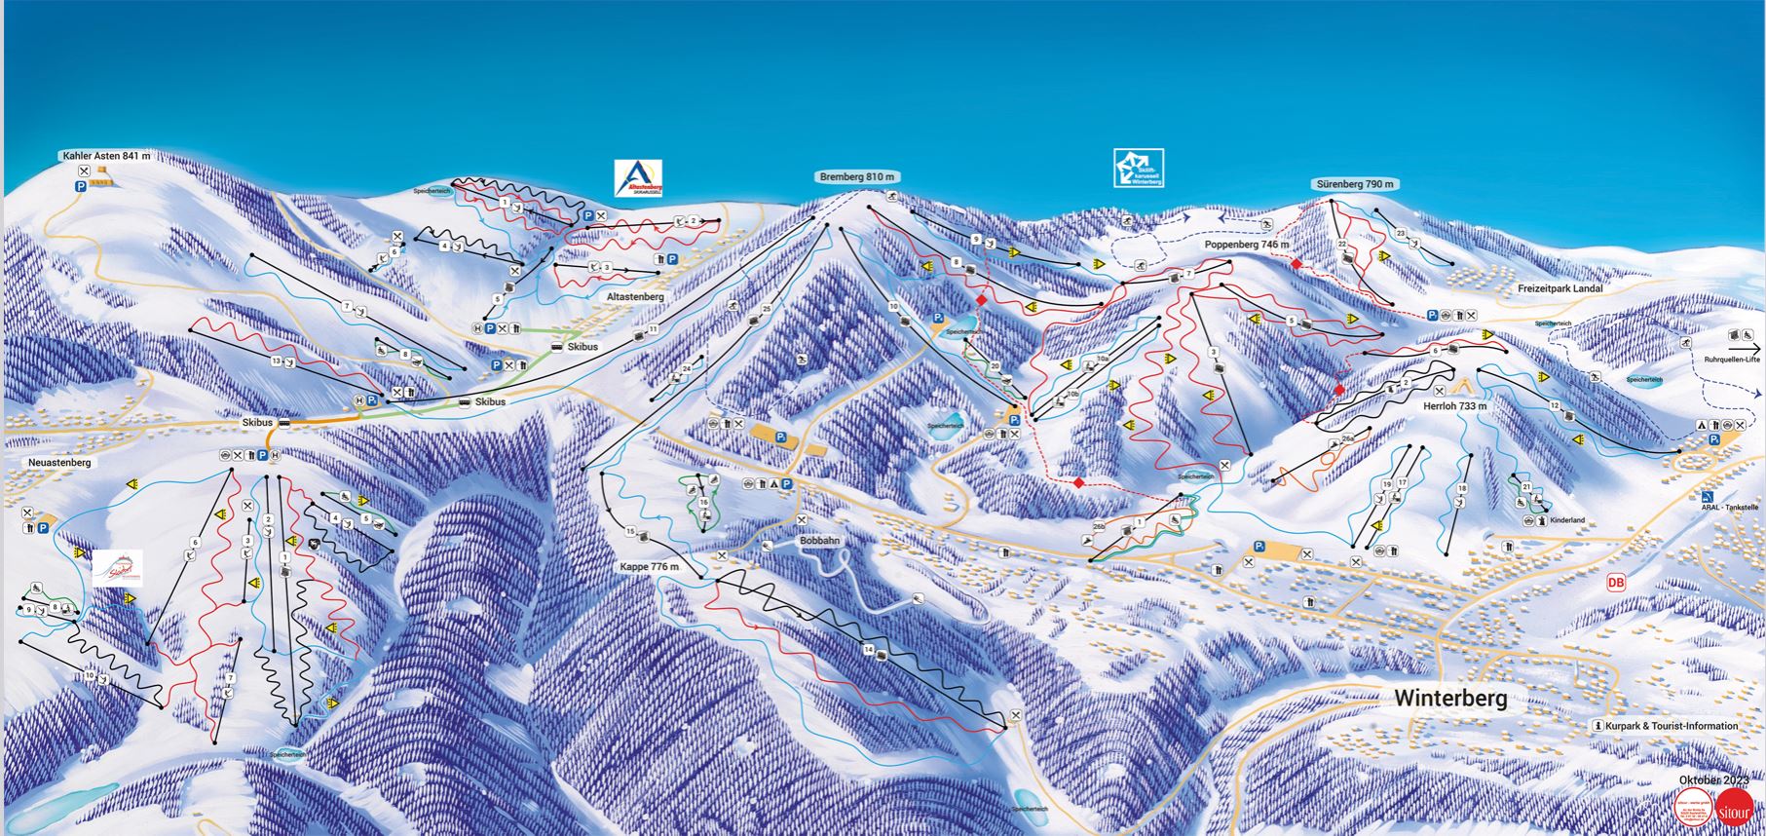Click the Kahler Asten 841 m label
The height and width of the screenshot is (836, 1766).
[106, 155]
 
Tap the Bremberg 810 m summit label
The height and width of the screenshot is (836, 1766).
[854, 177]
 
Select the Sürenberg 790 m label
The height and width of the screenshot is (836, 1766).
[1355, 184]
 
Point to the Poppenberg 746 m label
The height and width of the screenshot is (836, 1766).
[1247, 245]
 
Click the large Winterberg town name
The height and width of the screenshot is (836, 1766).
[1450, 698]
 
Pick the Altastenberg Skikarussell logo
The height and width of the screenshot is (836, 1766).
[638, 179]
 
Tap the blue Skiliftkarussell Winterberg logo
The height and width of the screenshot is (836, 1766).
[1139, 169]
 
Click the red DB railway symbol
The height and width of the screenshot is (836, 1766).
[1616, 583]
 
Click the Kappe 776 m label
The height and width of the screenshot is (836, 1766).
[649, 566]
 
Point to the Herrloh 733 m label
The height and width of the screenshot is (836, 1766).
[1455, 406]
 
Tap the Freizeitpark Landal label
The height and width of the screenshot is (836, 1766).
[1559, 289]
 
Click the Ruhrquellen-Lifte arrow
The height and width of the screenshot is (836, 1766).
[1746, 347]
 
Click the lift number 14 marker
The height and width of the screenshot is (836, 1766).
[867, 648]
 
